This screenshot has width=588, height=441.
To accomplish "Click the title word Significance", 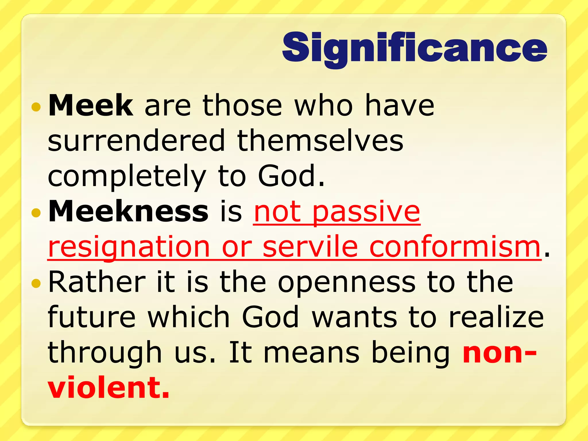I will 415,48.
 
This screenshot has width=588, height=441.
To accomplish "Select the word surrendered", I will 136,141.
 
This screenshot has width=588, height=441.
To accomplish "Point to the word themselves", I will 320,141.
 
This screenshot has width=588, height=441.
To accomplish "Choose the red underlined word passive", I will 366,212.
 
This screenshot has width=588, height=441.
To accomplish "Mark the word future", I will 92,317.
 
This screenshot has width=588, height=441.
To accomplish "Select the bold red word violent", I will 109,388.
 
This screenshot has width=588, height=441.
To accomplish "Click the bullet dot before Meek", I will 36,107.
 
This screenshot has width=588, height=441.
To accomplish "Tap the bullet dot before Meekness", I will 36,213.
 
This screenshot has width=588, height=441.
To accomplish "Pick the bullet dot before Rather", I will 36,284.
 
